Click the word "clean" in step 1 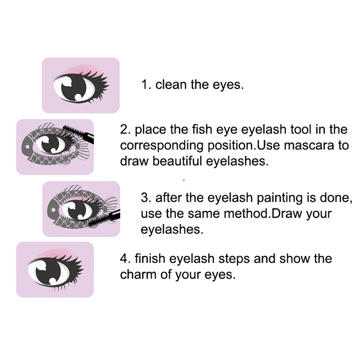click(x=171, y=85)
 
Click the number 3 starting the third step click(x=144, y=198)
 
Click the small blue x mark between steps click(x=184, y=180)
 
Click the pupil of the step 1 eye click(x=73, y=88)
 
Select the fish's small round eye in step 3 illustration click(x=53, y=210)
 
